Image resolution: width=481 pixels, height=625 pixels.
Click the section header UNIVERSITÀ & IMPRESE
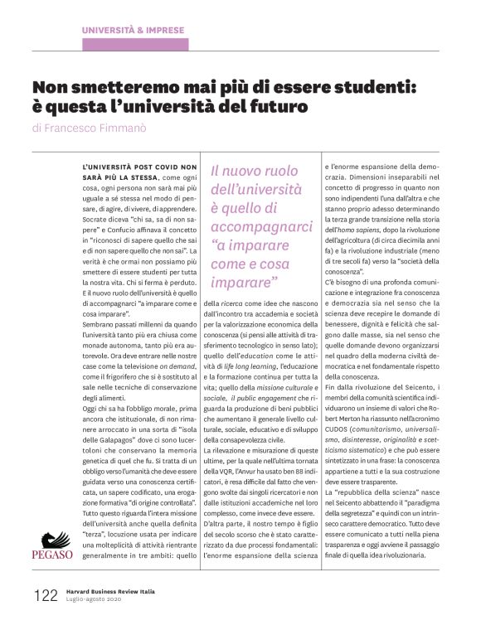pos(133,31)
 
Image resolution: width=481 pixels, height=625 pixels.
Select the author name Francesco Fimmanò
pos(109,128)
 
